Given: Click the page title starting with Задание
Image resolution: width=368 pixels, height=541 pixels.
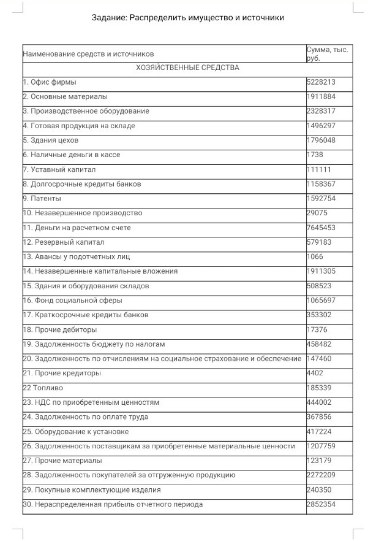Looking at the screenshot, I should [188, 18].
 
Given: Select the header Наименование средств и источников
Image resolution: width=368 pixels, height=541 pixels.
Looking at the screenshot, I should [88, 54].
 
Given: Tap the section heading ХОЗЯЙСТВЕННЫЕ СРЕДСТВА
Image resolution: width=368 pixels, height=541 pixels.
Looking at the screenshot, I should [187, 67].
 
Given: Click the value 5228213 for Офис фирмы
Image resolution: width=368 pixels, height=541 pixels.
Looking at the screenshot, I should [321, 82].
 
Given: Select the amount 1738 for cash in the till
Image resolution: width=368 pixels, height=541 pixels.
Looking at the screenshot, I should [315, 155].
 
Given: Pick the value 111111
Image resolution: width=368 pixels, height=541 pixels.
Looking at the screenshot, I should [319, 169].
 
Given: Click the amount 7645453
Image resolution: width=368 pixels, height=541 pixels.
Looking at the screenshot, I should [321, 228].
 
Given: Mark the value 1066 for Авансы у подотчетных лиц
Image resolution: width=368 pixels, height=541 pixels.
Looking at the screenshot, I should [315, 256].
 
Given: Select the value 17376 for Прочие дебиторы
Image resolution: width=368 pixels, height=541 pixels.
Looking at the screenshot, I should [317, 329].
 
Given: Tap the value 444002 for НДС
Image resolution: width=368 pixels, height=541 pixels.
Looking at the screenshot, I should [319, 402].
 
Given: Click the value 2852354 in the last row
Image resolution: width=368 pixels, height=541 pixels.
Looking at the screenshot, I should [321, 504].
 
